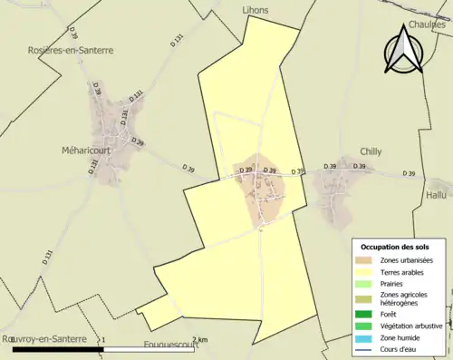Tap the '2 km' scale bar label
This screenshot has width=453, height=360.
pyautogui.click(x=201, y=339)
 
